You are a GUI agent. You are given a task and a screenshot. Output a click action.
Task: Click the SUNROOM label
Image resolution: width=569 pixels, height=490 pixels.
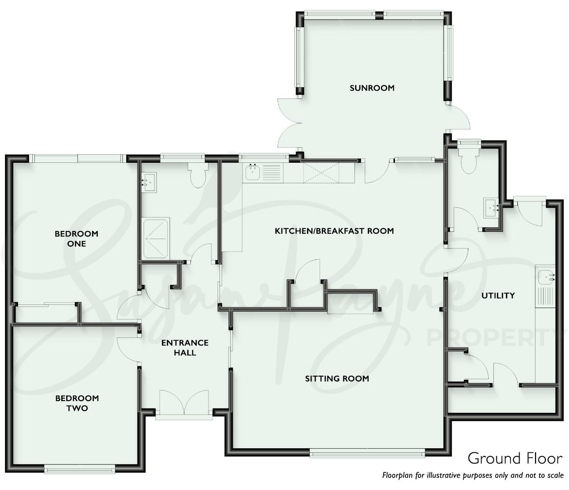[372, 88]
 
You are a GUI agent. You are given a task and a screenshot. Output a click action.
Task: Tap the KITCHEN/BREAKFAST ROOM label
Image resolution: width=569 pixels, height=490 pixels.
[334, 231]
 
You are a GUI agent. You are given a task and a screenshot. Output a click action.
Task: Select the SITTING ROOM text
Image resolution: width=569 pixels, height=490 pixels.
[337, 378]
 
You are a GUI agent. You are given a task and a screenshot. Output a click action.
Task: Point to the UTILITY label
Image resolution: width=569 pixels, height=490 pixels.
[498, 295]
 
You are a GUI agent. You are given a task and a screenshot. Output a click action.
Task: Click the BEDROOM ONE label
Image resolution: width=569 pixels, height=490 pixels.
[77, 239]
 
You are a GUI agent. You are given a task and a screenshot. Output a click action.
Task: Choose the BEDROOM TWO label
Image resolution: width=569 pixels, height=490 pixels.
[77, 403]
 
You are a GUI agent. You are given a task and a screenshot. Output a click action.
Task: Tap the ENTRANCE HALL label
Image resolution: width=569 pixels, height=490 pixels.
[185, 348]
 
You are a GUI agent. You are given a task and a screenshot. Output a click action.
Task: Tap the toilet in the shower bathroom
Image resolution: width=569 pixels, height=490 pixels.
[198, 175]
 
